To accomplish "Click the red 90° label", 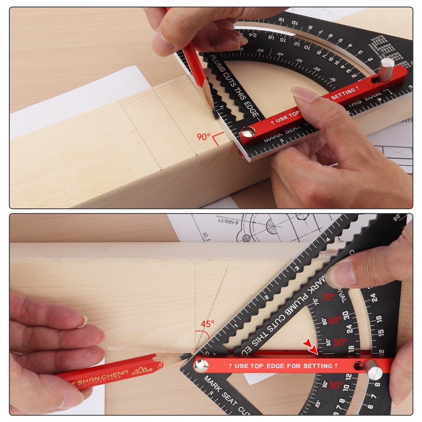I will (x=203, y=137).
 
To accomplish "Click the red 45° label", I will (x=207, y=324).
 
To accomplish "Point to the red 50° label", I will (x=340, y=342).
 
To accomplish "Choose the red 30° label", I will (x=336, y=385).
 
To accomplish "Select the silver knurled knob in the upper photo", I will (x=385, y=69).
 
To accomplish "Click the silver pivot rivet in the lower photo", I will (x=201, y=365).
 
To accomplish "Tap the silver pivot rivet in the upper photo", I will (x=248, y=134).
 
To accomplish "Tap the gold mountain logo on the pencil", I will (x=139, y=371).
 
